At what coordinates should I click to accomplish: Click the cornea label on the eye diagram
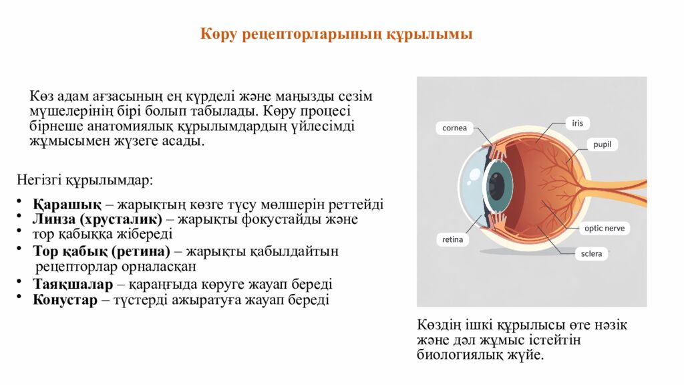[x=455, y=128]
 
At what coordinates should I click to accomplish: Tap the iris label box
[x=578, y=123]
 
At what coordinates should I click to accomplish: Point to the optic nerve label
[x=605, y=228]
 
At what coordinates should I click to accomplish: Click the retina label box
[x=452, y=239]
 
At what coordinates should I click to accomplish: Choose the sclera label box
[x=591, y=254]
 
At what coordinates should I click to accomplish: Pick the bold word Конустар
[x=65, y=299]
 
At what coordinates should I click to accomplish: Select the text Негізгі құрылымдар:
[x=85, y=180]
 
